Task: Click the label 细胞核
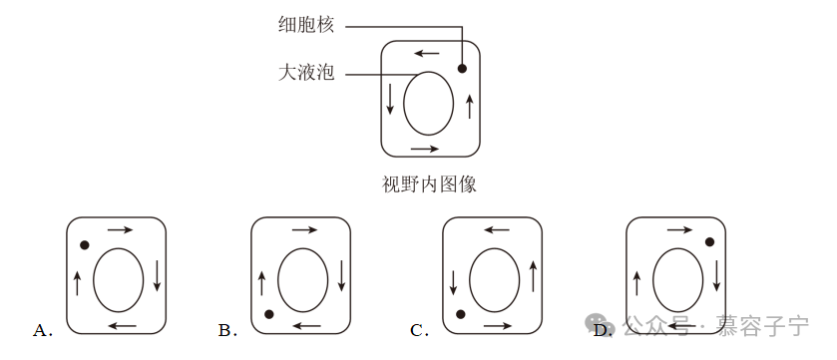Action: coord(306,25)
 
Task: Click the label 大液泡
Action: coord(306,73)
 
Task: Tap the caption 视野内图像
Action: coord(429,184)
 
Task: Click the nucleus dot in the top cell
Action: coord(462,68)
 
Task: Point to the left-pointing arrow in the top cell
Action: coord(427,53)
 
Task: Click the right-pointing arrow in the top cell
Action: coord(425,149)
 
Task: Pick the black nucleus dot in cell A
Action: coord(85,245)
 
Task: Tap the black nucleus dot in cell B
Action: coord(269,315)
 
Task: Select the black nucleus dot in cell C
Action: coord(460,315)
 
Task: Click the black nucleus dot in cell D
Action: coord(709,242)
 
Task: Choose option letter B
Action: coord(227,331)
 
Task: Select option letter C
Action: coord(419,331)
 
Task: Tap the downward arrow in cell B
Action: coord(341,275)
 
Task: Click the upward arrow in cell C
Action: coord(533,276)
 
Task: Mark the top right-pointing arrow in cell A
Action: coord(120,230)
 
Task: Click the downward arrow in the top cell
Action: coord(390,99)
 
